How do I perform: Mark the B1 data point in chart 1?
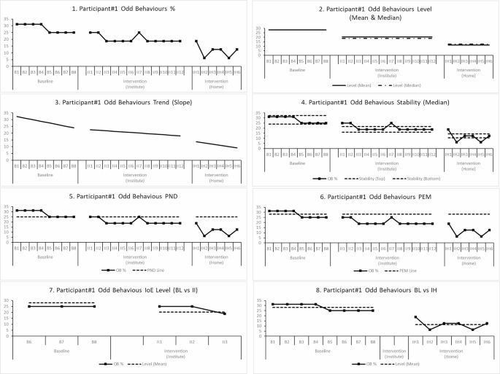(17, 25)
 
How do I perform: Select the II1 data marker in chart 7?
(159, 306)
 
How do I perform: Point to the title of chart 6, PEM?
(374, 198)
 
